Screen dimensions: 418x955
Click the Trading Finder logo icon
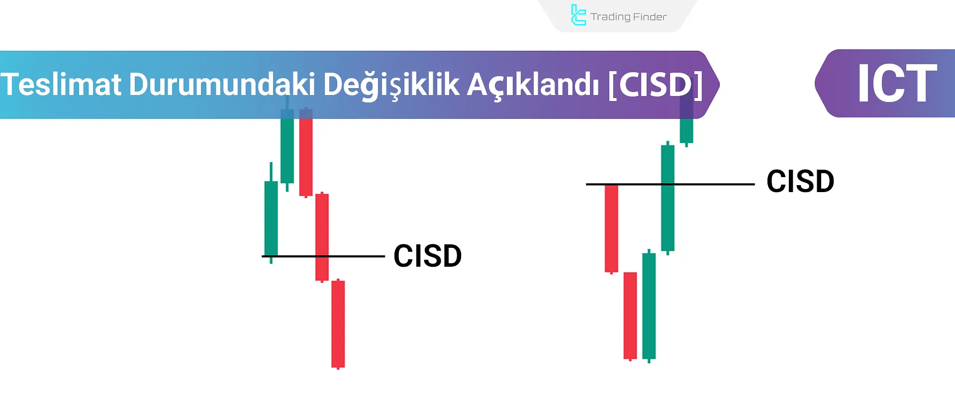click(x=578, y=15)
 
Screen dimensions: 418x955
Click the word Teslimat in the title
click(x=61, y=84)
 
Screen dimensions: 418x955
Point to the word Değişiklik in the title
click(x=391, y=84)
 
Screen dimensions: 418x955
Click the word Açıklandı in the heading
click(x=533, y=84)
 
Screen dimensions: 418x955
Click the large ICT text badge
click(x=897, y=84)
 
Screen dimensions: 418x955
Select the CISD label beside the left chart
click(x=427, y=256)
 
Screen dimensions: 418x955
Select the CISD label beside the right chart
click(x=800, y=181)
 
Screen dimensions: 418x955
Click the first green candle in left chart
click(x=271, y=219)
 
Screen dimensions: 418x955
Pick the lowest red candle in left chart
click(x=338, y=323)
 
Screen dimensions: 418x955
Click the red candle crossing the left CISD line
click(x=322, y=237)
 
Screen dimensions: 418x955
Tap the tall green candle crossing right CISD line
click(x=668, y=198)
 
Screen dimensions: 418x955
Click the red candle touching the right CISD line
click(x=611, y=228)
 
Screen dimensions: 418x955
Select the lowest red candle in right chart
click(x=630, y=315)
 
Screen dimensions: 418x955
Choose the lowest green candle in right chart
click(x=649, y=306)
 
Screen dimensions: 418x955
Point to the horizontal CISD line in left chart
click(x=358, y=256)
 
